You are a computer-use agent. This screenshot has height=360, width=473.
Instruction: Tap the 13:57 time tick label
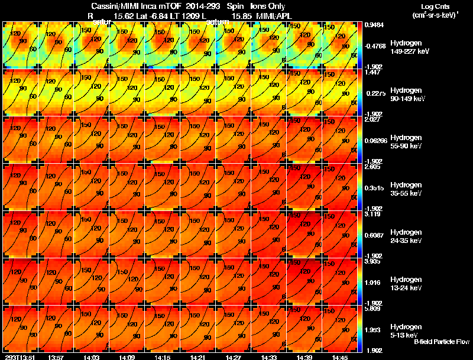[x=56, y=357]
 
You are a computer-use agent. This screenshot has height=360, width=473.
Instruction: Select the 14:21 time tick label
[x=198, y=357]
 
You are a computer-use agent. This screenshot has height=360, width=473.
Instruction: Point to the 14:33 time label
[x=269, y=357]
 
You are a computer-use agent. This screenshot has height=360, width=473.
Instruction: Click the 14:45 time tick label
[x=340, y=357]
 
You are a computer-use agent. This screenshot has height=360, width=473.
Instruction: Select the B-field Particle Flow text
[x=442, y=342]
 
